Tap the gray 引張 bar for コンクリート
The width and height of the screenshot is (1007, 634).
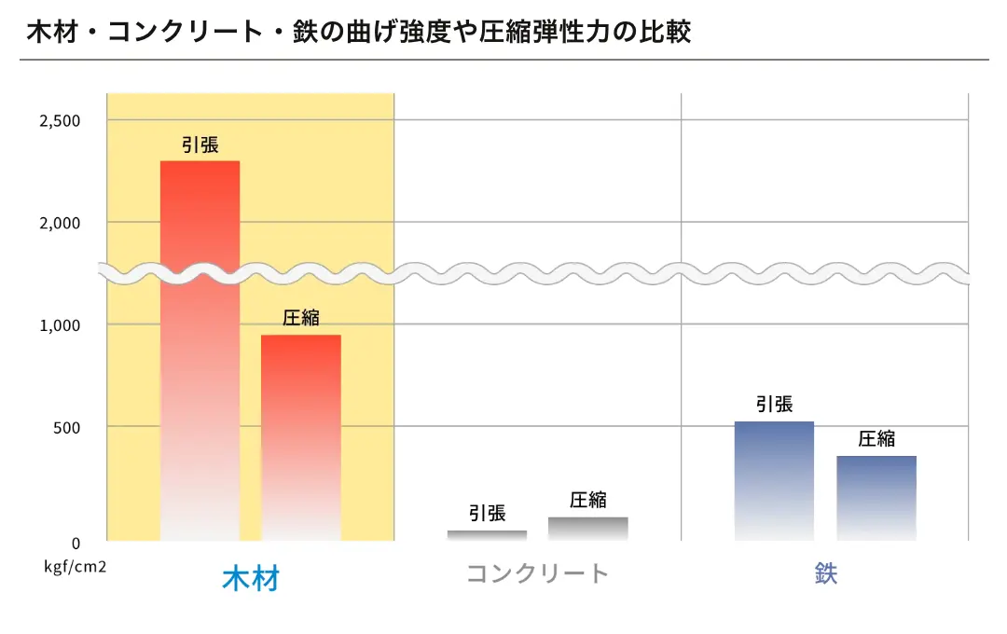pos(487,535)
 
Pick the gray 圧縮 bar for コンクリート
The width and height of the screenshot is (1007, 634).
pos(587,529)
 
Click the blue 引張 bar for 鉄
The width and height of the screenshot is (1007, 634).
pos(774,480)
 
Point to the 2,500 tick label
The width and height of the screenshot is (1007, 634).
pos(60,120)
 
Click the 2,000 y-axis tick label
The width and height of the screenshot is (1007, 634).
pos(60,223)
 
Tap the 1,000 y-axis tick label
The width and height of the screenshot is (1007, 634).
pos(60,325)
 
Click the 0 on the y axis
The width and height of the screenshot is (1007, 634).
pos(76,543)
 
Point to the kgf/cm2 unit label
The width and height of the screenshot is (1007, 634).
pos(75,565)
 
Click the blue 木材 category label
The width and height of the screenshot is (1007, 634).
pos(251,578)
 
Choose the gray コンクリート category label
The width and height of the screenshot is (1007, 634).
pos(537,573)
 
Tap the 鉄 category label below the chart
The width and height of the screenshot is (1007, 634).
pos(825,573)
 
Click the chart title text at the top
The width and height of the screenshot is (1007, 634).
pos(359,32)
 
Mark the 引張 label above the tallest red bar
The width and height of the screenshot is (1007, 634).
pos(200,145)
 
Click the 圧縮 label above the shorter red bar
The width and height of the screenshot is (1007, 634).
pos(300,318)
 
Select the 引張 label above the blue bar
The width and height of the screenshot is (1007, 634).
pos(774,405)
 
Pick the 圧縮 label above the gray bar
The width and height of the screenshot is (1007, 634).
pos(587,500)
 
